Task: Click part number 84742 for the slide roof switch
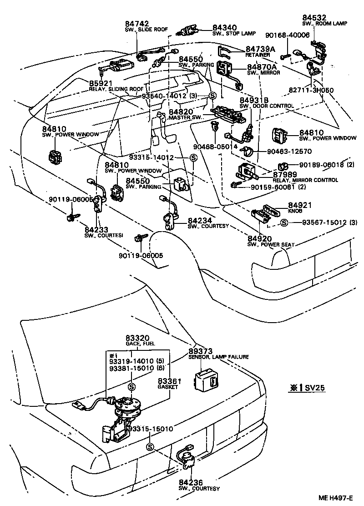pyautogui.click(x=136, y=24)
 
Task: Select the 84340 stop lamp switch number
pyautogui.click(x=224, y=27)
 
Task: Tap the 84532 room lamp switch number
pyautogui.click(x=314, y=17)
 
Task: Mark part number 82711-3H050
pyautogui.click(x=311, y=90)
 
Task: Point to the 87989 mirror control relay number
pyautogui.click(x=285, y=174)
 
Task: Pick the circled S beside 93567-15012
pyautogui.click(x=284, y=223)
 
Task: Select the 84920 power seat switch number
pyautogui.click(x=259, y=239)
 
